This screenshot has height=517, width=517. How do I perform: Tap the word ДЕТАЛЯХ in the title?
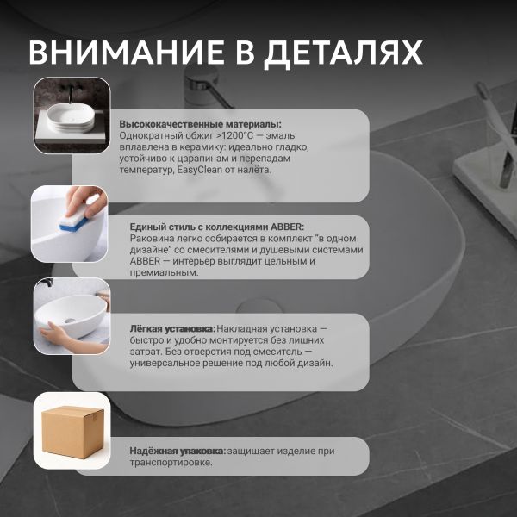point(344,53)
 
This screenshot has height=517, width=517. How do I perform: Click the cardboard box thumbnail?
point(73,432)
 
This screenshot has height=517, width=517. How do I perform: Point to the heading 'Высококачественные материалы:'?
point(201,124)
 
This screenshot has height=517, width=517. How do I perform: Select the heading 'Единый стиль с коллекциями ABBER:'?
point(217,227)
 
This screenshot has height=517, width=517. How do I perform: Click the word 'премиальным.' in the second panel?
point(165,272)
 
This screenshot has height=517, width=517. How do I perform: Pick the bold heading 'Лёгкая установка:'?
point(172,329)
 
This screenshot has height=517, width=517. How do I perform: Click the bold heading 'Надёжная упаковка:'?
point(178,451)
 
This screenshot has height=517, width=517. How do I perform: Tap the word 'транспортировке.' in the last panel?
point(171,462)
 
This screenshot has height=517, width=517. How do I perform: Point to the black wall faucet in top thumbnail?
point(68,93)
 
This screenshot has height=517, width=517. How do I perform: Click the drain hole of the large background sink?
point(258,307)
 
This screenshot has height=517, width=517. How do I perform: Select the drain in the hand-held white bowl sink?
point(70,321)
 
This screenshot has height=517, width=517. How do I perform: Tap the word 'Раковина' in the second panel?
point(151,239)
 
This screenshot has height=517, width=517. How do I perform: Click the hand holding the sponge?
point(85,201)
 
